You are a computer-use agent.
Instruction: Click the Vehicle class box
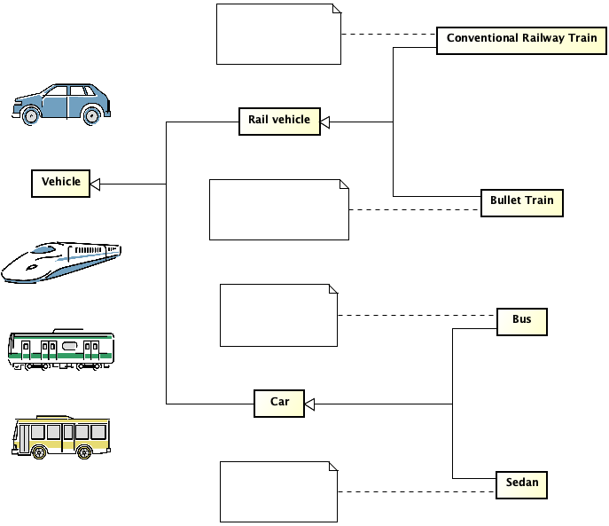[60, 183]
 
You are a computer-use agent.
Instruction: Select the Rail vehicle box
[279, 121]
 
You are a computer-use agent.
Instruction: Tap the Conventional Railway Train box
[521, 40]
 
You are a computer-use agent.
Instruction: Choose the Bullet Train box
[521, 201]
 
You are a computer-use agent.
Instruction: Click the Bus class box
[521, 320]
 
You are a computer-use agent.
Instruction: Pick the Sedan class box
[521, 484]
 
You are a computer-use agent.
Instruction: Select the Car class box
[279, 404]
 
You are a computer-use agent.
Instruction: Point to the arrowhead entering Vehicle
[96, 184]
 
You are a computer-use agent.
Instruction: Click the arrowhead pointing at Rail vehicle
[325, 122]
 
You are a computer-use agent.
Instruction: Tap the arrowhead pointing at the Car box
[309, 404]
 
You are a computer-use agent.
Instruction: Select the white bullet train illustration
[62, 262]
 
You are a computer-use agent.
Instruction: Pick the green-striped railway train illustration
[61, 349]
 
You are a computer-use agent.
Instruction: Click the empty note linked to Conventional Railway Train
[278, 34]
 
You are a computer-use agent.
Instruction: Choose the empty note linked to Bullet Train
[278, 209]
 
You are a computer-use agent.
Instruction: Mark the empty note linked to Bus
[278, 315]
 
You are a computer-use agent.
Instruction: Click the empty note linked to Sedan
[278, 491]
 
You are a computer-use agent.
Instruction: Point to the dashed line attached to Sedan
[417, 491]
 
